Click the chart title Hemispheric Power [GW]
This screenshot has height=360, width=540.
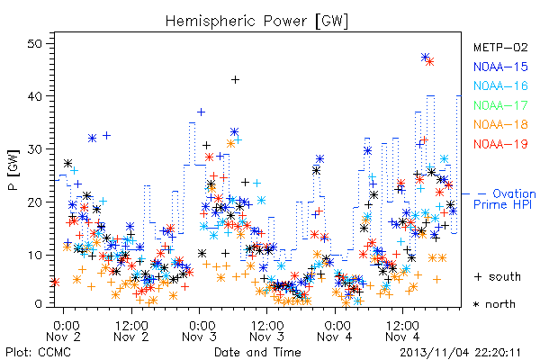[256, 21]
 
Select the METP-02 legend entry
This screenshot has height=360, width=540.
[500, 47]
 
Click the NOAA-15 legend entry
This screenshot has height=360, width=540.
[500, 67]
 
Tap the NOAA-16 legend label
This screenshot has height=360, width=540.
[500, 85]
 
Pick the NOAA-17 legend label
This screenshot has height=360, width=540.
[500, 105]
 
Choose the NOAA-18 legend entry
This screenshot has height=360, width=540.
[500, 124]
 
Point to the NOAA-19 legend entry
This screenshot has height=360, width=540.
[500, 144]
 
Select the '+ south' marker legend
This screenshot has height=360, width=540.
[498, 276]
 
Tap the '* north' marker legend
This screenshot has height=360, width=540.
[494, 304]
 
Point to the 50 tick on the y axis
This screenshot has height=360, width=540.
[35, 44]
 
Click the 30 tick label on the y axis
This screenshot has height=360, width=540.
[35, 149]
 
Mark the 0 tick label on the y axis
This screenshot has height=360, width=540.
[39, 304]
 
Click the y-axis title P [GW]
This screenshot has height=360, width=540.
[14, 170]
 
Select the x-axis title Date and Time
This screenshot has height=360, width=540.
[257, 352]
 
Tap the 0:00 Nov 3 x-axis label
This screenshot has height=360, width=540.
[200, 331]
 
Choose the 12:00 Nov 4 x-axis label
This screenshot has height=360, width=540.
[402, 331]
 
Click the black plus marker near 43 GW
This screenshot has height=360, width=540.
[235, 80]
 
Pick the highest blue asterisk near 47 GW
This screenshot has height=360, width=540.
[426, 58]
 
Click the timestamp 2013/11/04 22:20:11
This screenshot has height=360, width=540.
[460, 353]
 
